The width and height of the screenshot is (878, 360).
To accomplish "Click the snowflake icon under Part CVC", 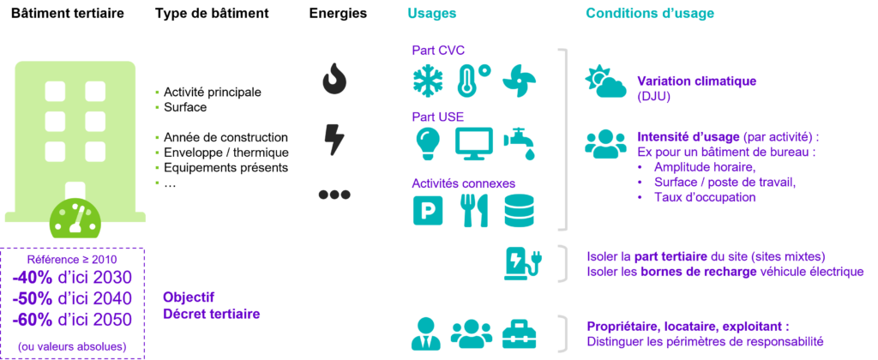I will point(427,80).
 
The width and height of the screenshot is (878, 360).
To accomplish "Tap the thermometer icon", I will point(472,80).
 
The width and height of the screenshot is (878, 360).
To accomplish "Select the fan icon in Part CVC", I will point(520,80).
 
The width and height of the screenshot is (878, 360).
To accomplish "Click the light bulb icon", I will point(427,142).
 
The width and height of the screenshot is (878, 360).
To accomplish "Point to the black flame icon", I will point(334,80).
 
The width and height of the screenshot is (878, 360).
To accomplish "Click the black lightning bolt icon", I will point(334,139).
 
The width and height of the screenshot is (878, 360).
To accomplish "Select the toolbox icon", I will point(519,333).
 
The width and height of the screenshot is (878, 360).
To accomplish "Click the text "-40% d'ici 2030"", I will point(72,277).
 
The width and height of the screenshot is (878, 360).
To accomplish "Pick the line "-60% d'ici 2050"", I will point(72,320).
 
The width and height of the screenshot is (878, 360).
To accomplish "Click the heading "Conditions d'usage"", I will point(649,14).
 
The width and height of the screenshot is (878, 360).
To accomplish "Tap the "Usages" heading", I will point(432,14).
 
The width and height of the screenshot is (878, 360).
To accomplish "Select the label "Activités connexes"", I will point(464,183).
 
